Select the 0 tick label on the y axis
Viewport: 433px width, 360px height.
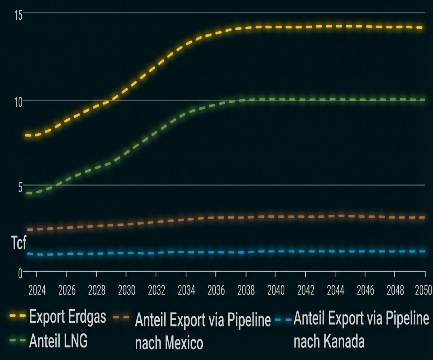(20, 273)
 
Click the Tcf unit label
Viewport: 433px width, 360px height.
(19, 243)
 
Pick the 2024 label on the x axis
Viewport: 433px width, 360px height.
(37, 291)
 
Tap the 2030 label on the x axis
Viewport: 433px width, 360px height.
(127, 291)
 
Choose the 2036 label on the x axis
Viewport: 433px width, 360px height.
(216, 291)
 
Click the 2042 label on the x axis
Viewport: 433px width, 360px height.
(306, 291)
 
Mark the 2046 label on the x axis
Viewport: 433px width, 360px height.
(365, 291)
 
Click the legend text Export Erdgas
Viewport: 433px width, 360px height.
(67, 317)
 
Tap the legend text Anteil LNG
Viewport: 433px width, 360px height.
(58, 341)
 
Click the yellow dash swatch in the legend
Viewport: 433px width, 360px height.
(17, 316)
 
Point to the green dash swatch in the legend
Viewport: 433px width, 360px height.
(17, 340)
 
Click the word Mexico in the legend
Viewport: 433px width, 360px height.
(184, 343)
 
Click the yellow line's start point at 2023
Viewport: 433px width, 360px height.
(27, 135)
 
